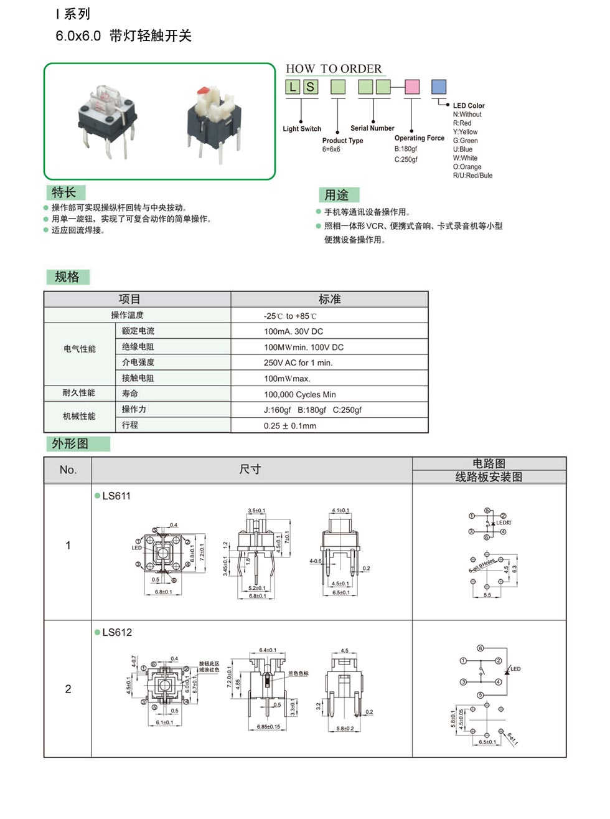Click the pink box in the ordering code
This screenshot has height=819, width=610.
click(412, 87)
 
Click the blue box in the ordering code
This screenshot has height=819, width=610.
click(439, 87)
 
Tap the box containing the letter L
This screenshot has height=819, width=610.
click(293, 87)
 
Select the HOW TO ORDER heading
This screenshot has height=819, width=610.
click(334, 69)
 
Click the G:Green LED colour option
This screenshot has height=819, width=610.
click(465, 141)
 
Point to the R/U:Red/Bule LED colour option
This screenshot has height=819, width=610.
click(472, 176)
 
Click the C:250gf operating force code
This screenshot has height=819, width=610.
click(406, 159)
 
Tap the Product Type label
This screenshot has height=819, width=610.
click(342, 141)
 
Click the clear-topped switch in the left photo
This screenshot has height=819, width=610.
click(107, 115)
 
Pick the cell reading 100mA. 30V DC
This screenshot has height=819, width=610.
click(293, 331)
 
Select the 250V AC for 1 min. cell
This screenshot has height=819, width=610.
click(298, 362)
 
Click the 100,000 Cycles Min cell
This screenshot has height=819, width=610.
click(299, 394)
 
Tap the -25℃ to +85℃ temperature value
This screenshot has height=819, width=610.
click(290, 316)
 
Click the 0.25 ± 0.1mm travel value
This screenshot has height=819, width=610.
click(289, 426)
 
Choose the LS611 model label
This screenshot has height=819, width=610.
click(116, 496)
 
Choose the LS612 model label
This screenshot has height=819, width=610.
click(117, 632)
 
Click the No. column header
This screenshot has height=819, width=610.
click(68, 470)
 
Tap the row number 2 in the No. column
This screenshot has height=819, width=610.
click(68, 689)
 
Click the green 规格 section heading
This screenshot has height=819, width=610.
click(67, 277)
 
